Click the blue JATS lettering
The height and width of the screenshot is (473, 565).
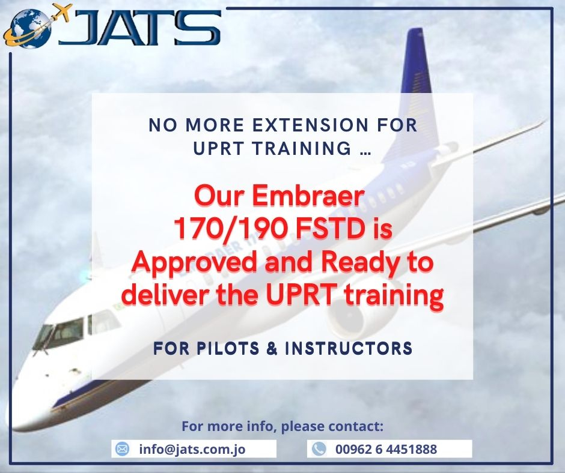(140, 28)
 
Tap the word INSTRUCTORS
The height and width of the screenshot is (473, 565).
(349, 349)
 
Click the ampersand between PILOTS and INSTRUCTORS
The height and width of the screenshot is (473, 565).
(272, 349)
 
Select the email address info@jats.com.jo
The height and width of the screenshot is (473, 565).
(192, 449)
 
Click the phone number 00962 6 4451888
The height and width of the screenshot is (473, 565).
(386, 449)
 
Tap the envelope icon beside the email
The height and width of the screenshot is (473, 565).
(122, 449)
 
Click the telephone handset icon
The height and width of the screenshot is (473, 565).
(319, 449)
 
